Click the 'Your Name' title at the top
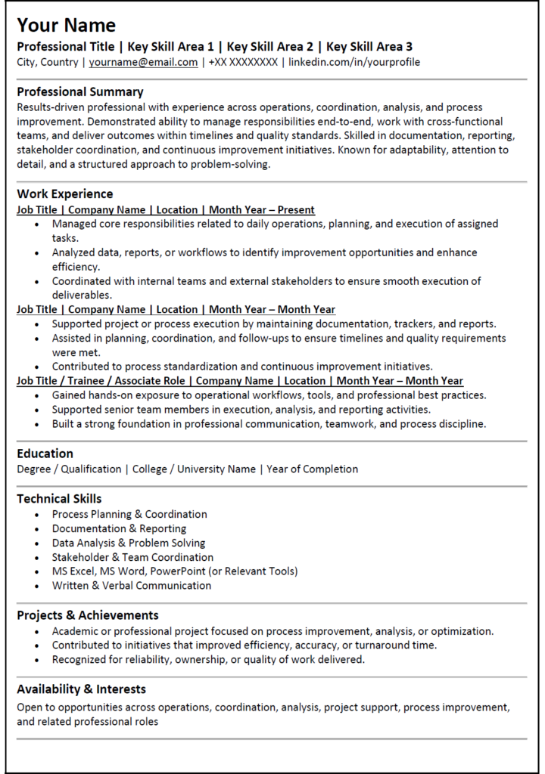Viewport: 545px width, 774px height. coord(67,25)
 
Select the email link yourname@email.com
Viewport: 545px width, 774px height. coord(143,62)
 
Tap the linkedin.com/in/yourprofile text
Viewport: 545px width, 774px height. coord(354,62)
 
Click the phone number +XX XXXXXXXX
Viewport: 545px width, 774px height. coord(243,62)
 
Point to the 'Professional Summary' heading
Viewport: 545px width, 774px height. coord(80,91)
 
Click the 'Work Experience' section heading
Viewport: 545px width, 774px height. coord(65,194)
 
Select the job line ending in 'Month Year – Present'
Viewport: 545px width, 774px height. coord(166,210)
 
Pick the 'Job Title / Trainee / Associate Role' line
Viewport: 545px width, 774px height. coord(240,381)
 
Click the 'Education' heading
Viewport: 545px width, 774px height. coord(45,454)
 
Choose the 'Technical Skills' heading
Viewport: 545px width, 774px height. coord(59,499)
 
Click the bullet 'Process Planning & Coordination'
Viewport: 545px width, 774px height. coord(129,514)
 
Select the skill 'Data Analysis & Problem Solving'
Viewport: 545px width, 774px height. coord(129,543)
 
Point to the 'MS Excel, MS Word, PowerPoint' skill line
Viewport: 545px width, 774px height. coord(175,571)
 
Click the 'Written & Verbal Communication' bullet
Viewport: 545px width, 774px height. coord(132,586)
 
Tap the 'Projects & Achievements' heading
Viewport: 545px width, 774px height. coord(88,615)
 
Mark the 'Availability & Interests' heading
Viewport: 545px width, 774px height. coord(82,689)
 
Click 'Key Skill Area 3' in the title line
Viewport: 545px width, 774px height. coord(369,46)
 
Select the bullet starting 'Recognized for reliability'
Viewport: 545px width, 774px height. coord(208,660)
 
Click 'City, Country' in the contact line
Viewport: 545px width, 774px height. coord(48,62)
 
